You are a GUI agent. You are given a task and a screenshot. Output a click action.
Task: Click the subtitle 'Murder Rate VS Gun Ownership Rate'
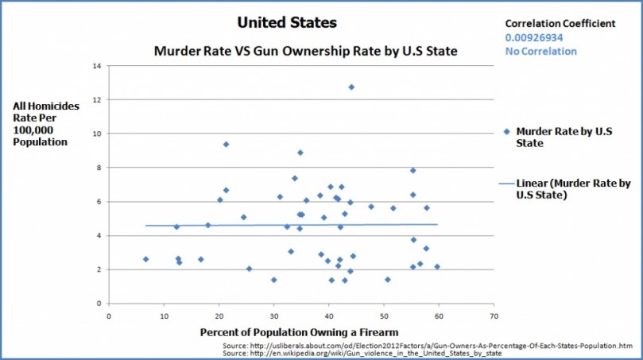click(x=304, y=52)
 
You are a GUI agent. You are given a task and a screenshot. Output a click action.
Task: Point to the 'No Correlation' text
click(x=540, y=52)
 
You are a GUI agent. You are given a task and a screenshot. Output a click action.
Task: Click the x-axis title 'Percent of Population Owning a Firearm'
click(x=299, y=331)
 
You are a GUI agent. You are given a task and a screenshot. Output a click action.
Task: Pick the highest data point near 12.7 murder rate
click(x=351, y=87)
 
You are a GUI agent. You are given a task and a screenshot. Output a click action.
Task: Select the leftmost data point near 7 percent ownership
click(x=145, y=259)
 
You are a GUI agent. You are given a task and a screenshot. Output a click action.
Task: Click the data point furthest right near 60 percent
click(x=437, y=267)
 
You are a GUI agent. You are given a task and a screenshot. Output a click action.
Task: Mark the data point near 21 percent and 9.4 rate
click(x=226, y=144)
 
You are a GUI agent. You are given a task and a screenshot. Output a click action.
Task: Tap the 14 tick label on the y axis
click(x=96, y=66)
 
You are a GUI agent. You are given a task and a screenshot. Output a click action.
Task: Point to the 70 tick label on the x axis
click(x=494, y=315)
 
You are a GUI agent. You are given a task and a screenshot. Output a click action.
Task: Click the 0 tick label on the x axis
click(x=109, y=315)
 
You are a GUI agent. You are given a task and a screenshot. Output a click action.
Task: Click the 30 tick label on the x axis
click(x=274, y=315)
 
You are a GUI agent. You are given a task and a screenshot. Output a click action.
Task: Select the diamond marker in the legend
click(x=506, y=132)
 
